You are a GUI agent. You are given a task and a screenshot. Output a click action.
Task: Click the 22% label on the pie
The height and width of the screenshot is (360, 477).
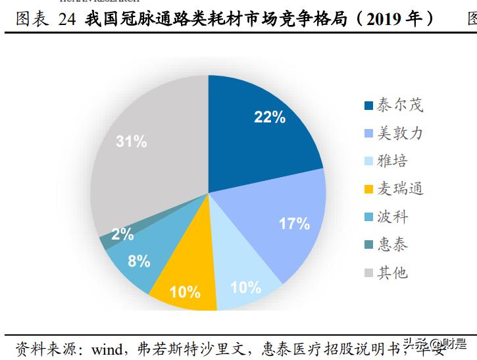point(269,117)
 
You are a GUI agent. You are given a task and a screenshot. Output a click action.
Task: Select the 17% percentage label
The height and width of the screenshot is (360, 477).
point(294,224)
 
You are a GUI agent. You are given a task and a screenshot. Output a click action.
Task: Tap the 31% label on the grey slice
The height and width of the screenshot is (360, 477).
point(131,141)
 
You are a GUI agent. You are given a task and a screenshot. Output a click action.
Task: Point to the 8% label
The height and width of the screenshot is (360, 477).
point(139,261)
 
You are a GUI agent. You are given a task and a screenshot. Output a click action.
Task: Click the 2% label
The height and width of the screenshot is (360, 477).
point(122,234)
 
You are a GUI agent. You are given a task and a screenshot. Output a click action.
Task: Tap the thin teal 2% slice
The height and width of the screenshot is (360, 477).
point(105,242)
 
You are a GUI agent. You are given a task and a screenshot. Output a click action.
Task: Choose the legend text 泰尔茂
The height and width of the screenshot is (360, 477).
point(400,105)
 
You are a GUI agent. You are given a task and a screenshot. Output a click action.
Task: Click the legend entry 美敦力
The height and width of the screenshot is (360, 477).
point(400,134)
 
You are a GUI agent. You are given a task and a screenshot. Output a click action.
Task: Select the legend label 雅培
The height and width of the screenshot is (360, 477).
point(393,161)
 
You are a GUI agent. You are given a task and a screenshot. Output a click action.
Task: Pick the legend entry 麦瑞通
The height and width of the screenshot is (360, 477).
point(400,190)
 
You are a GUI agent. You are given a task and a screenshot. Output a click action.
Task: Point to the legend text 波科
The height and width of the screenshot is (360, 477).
point(393,217)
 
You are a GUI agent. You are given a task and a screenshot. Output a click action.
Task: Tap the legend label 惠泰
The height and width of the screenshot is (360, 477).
point(393,245)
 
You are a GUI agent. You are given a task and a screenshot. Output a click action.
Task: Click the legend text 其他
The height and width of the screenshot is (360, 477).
point(393,273)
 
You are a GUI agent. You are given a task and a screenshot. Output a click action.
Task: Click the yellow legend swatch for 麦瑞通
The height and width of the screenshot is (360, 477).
point(368,190)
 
